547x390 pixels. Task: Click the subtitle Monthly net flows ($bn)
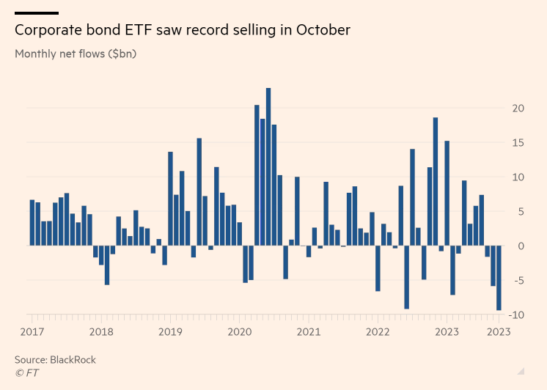click(x=76, y=54)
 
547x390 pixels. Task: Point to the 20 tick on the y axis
click(x=518, y=108)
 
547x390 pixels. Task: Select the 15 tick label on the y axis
click(x=518, y=143)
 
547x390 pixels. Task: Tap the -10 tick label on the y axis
click(x=516, y=314)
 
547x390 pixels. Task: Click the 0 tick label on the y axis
click(x=521, y=246)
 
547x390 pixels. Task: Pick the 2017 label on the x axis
click(x=32, y=331)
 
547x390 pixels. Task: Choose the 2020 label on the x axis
click(x=240, y=331)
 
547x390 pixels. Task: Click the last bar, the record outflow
click(x=499, y=278)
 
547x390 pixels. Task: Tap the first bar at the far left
click(x=32, y=222)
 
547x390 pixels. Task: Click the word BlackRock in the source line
click(x=73, y=360)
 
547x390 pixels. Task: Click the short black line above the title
click(x=36, y=12)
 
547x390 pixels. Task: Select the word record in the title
click(x=214, y=30)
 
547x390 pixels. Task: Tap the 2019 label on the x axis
click(x=171, y=331)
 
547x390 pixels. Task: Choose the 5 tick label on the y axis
click(x=521, y=211)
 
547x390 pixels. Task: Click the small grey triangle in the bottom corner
click(x=521, y=371)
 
